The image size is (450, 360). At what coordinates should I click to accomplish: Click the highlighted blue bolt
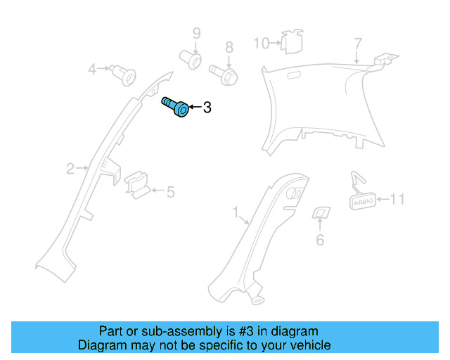(176, 107)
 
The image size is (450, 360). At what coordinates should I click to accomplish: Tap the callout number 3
(207, 108)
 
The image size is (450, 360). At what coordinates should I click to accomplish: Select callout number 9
(197, 33)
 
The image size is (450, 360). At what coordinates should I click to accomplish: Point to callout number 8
(229, 48)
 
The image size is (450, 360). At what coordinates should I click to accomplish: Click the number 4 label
(92, 69)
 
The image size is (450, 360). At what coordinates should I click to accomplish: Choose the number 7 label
(358, 44)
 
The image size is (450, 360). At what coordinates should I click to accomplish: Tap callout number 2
(70, 168)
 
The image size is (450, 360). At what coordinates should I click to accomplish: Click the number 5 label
(170, 191)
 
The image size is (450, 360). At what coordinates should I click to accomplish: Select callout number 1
(236, 211)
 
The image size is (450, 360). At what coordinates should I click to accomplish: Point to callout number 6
(320, 240)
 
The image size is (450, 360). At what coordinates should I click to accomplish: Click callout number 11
(397, 200)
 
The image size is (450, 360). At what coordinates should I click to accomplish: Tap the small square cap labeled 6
(321, 213)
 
